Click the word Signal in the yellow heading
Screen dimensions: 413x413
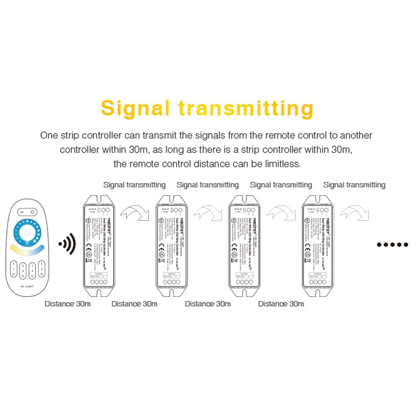pyautogui.click(x=135, y=109)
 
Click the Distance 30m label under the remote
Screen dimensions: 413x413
pyautogui.click(x=68, y=304)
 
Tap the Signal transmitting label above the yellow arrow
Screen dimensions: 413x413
pyautogui.click(x=134, y=184)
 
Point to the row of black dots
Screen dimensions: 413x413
pyautogui.click(x=392, y=244)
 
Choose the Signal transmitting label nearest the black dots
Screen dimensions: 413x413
pyautogui.click(x=354, y=184)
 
